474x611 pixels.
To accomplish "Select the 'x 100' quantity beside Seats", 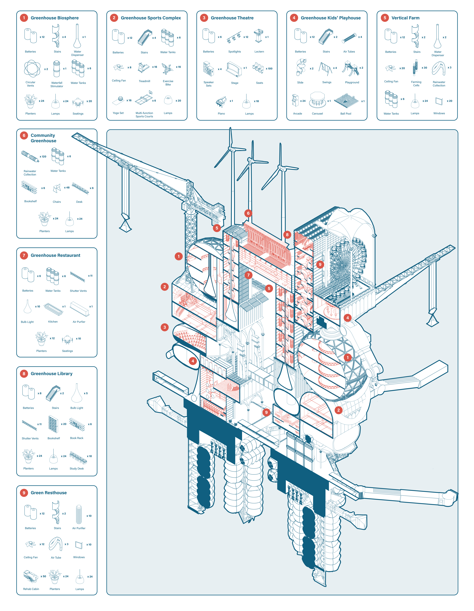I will (x=269, y=69).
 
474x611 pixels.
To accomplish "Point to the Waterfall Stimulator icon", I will (x=57, y=69).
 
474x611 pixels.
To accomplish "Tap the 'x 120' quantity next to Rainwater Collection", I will (x=43, y=157).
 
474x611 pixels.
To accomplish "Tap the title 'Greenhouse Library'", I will (x=52, y=374).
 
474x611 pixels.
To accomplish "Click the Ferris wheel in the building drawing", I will (x=347, y=263).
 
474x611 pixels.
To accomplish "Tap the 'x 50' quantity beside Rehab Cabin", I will (x=43, y=576).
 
